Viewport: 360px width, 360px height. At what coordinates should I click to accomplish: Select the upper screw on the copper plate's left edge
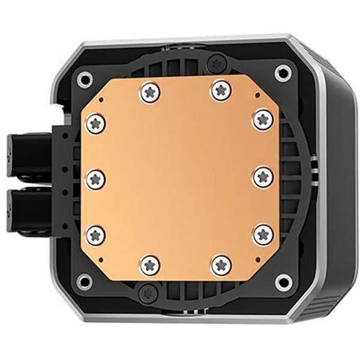tap(96, 124)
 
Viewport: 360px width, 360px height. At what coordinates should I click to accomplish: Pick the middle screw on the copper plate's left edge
tap(96, 178)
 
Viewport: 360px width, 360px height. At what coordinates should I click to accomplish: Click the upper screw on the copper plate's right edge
tap(263, 119)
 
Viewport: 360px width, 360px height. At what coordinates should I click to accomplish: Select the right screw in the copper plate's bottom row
tap(220, 265)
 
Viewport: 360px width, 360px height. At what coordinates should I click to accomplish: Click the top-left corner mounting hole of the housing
tap(85, 77)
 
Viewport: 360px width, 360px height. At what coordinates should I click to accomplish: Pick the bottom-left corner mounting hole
tap(85, 280)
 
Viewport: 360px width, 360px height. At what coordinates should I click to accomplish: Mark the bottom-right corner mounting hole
tap(281, 281)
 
